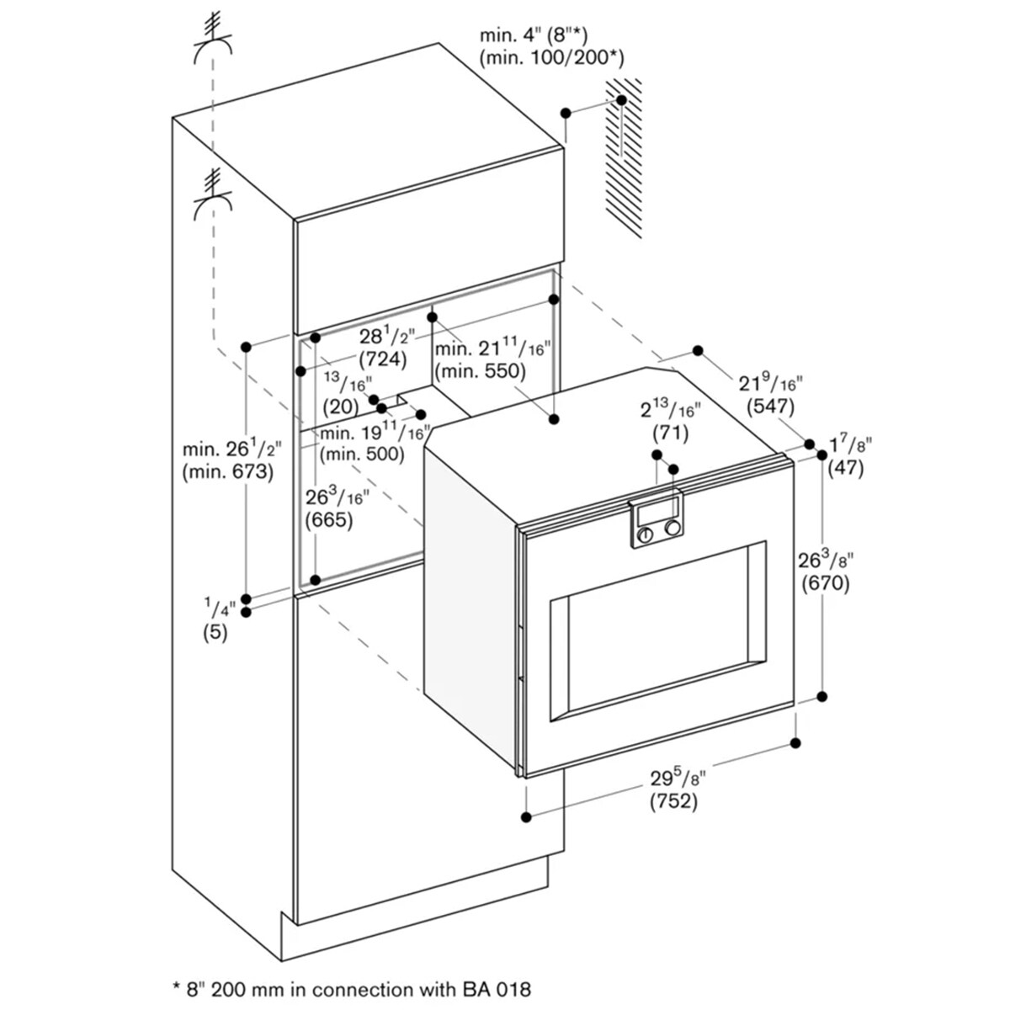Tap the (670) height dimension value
pos(826,583)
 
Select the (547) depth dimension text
pos(771,407)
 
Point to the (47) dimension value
pos(846,467)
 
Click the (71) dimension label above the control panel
pos(670,433)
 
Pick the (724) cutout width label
pos(383,359)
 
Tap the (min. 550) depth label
pos(480,371)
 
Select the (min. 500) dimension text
pos(362,454)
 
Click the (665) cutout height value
pos(329,520)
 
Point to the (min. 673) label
pos(228,472)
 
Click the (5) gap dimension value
pos(215,633)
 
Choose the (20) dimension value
pos(341,407)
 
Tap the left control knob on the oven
pos(646,534)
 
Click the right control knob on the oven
pos(672,529)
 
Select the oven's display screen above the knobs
pos(657,510)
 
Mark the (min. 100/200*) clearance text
pos(552,58)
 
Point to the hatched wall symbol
pos(624,157)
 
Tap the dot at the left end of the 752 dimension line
pos(526,817)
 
